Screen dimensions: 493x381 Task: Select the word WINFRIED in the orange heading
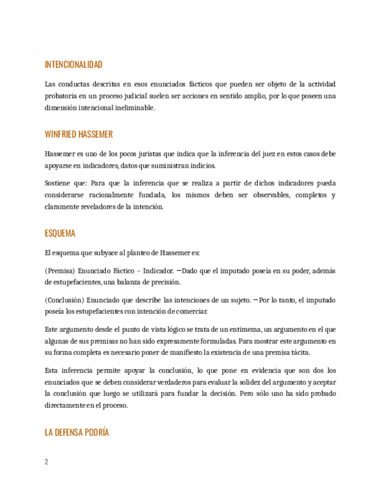point(60,134)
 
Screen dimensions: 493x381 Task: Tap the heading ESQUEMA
point(60,233)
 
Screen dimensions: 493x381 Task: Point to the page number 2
point(47,462)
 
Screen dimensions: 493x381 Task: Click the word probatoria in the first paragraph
point(62,96)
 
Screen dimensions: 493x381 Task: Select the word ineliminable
point(135,108)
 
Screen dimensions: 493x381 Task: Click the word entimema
point(240,330)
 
